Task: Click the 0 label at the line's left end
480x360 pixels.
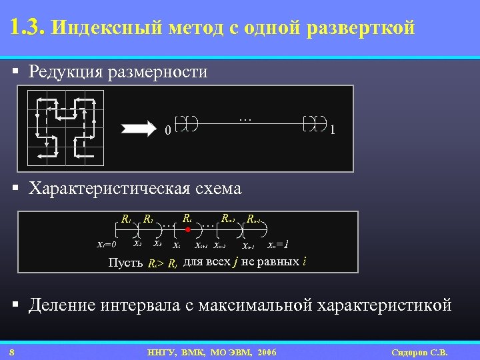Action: click(167, 131)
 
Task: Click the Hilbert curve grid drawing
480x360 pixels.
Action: click(65, 127)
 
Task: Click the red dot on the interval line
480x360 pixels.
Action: click(188, 230)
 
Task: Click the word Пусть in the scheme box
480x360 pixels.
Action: click(125, 262)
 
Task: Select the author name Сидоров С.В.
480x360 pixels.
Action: click(420, 352)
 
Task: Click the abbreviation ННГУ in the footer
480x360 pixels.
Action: click(161, 352)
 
